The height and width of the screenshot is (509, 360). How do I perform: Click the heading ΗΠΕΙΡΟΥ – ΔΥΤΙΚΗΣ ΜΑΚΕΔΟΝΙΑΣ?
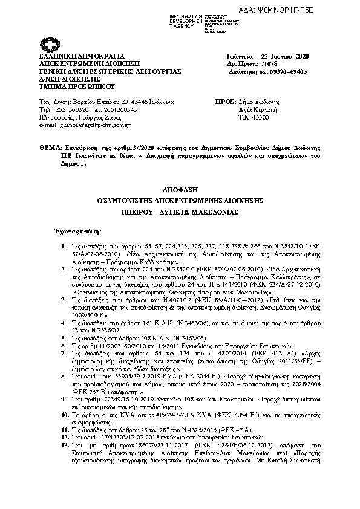(x=180, y=213)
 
